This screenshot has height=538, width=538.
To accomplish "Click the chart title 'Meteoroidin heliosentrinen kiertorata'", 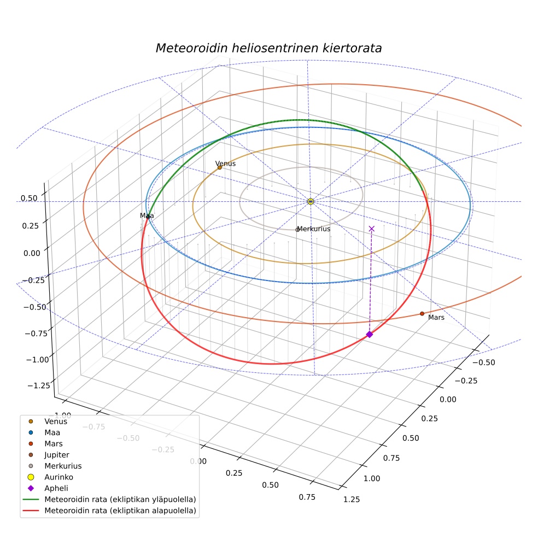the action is pyautogui.click(x=268, y=48).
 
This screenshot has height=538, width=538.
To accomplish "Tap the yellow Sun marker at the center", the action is pyautogui.click(x=311, y=201).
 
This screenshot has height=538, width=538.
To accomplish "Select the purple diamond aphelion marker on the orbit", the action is pyautogui.click(x=370, y=334).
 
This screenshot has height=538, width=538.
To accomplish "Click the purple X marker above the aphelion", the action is pyautogui.click(x=372, y=229).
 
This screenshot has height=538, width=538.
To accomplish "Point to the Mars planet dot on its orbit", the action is pyautogui.click(x=422, y=314).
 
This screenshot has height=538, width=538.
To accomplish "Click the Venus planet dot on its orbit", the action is pyautogui.click(x=220, y=168).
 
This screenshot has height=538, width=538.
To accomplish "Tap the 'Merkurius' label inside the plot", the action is pyautogui.click(x=314, y=229).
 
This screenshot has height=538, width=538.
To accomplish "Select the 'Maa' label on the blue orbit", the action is pyautogui.click(x=147, y=215).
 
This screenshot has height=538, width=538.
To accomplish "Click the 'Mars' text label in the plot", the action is pyautogui.click(x=436, y=318).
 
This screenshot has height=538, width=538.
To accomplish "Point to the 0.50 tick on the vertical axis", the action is pyautogui.click(x=29, y=198).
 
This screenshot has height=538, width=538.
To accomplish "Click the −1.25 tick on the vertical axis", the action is pyautogui.click(x=39, y=385).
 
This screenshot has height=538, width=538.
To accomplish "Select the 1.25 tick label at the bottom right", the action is pyautogui.click(x=352, y=499).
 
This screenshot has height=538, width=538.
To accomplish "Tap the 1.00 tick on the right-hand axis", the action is pyautogui.click(x=372, y=478).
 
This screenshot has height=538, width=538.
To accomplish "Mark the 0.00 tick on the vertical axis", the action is pyautogui.click(x=32, y=253).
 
